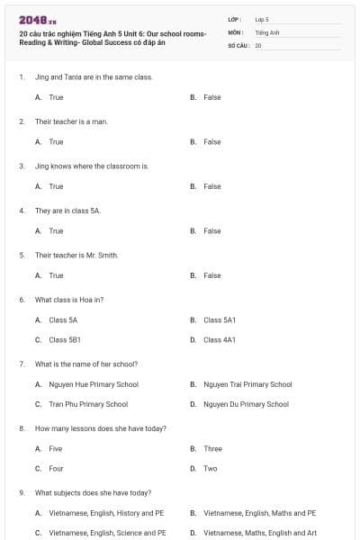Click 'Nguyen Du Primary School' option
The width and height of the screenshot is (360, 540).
tap(246, 404)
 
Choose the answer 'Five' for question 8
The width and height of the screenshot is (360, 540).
tap(56, 448)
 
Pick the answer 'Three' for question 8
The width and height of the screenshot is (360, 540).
tap(212, 448)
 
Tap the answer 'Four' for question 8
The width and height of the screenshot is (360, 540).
tap(56, 468)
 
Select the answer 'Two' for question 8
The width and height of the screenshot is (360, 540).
tap(210, 468)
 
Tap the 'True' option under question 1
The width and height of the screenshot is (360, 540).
tap(56, 97)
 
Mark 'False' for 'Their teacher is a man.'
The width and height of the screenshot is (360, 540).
tap(211, 141)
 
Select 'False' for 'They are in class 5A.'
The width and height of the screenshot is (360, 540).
tap(211, 230)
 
